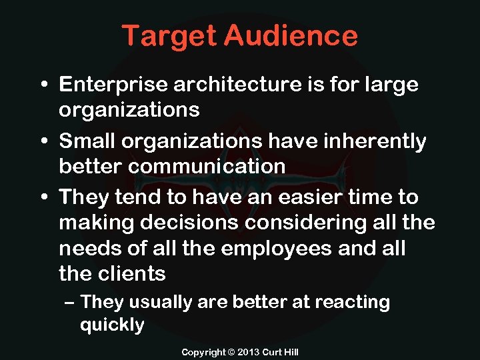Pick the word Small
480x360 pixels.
[83, 142]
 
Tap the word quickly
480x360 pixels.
[111, 325]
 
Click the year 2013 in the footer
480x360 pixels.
[249, 351]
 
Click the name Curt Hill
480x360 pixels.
[280, 351]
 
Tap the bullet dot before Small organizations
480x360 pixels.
[42, 142]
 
